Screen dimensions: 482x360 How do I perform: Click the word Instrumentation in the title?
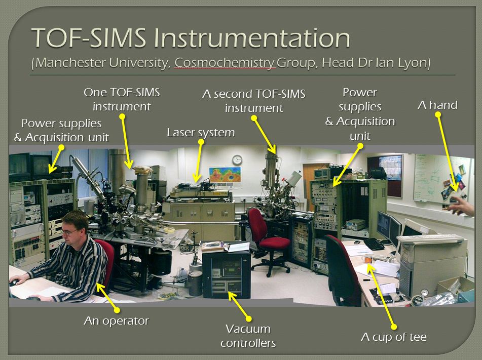pos(252,38)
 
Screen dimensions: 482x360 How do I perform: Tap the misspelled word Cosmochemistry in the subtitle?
pos(225,63)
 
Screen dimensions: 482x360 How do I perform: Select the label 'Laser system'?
pos(201,133)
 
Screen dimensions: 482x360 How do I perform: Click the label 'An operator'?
pos(116,321)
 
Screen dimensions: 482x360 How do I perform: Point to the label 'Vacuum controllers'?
pos(248,336)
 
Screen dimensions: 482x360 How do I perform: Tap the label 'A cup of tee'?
pos(394,337)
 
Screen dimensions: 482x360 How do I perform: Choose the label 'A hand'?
pos(437,105)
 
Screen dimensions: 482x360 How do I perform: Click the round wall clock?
pos(237,160)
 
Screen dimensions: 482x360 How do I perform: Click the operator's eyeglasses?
pos(70,232)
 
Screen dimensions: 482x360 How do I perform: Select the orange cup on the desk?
pos(367,259)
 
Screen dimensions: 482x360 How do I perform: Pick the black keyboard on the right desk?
pos(374,244)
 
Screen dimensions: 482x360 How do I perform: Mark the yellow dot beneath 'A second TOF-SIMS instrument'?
pos(254,118)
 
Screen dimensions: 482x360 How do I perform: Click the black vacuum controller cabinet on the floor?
pos(226,274)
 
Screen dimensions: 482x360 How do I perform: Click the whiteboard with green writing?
pos(441,178)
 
